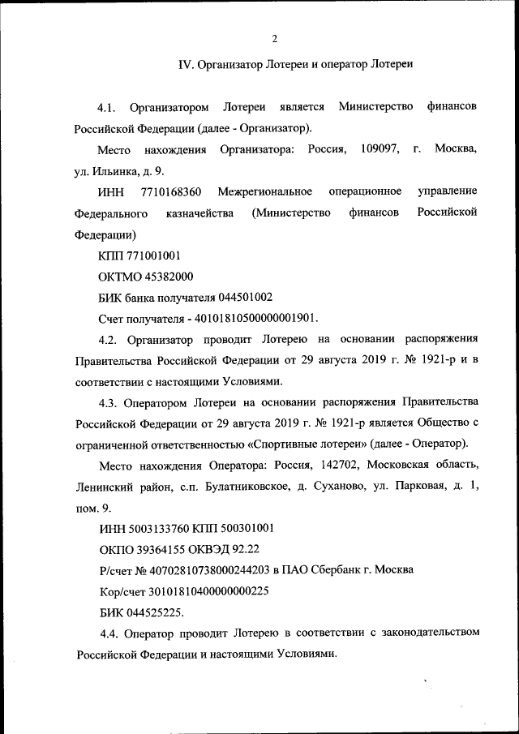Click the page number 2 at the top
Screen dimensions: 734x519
(275, 38)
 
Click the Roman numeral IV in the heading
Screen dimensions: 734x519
(184, 65)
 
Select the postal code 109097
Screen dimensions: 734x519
(378, 150)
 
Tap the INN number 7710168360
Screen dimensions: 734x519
(170, 191)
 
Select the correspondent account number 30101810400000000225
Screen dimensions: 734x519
(209, 591)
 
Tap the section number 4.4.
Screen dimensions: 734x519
(109, 633)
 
